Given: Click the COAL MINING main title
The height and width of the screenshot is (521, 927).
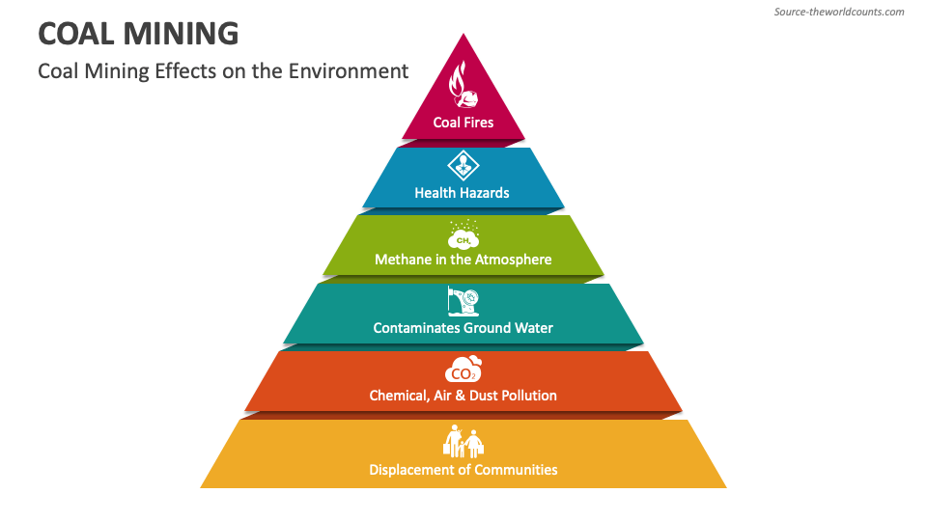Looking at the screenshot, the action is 138,34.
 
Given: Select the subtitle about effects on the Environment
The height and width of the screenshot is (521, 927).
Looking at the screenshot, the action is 223,71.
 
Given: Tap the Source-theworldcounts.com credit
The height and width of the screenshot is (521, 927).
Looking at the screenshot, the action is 839,12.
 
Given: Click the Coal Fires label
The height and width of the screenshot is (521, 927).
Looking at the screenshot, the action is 463,123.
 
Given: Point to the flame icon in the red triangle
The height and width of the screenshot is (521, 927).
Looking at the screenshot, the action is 463,85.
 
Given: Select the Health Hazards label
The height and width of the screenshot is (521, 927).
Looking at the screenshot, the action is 462,193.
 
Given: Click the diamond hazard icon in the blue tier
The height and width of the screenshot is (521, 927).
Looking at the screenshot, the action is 463,165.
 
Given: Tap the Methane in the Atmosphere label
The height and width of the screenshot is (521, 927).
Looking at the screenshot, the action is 463,260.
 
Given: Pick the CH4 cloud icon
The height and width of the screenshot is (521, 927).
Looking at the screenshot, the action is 463,234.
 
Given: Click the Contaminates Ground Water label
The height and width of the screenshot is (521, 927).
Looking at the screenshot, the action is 463,328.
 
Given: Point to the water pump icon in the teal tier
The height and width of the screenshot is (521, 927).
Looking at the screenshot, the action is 463,301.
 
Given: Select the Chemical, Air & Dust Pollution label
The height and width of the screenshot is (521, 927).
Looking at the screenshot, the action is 463,396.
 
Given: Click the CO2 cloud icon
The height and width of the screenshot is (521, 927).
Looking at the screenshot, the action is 463,370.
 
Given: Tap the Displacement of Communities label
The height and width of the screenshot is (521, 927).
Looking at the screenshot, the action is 463,470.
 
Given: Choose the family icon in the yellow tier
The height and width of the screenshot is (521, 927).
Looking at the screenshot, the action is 463,441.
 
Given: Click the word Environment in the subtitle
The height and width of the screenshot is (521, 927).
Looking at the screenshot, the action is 349,71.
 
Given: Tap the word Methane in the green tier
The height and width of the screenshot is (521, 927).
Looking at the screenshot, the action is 404,260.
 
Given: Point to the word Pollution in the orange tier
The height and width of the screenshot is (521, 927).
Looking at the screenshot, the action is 529,396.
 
